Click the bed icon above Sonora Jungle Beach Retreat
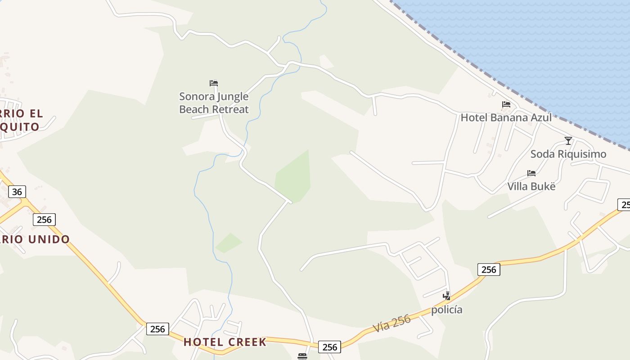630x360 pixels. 214,83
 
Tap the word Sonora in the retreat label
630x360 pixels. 197,96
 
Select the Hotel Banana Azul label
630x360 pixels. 506,117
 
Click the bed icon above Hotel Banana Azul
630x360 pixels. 506,105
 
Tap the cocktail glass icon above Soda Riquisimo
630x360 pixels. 568,141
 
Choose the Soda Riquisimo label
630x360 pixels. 568,154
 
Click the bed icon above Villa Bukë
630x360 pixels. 531,173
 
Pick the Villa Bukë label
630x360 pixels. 531,186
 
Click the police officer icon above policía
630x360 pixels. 446,296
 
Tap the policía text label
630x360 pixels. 447,310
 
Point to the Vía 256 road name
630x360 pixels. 392,324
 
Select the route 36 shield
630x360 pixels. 17,192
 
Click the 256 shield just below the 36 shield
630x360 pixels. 44,220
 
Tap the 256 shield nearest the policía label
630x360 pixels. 489,270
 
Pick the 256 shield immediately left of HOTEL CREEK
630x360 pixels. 157,329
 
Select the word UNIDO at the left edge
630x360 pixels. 49,239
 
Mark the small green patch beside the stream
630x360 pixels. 229,243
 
